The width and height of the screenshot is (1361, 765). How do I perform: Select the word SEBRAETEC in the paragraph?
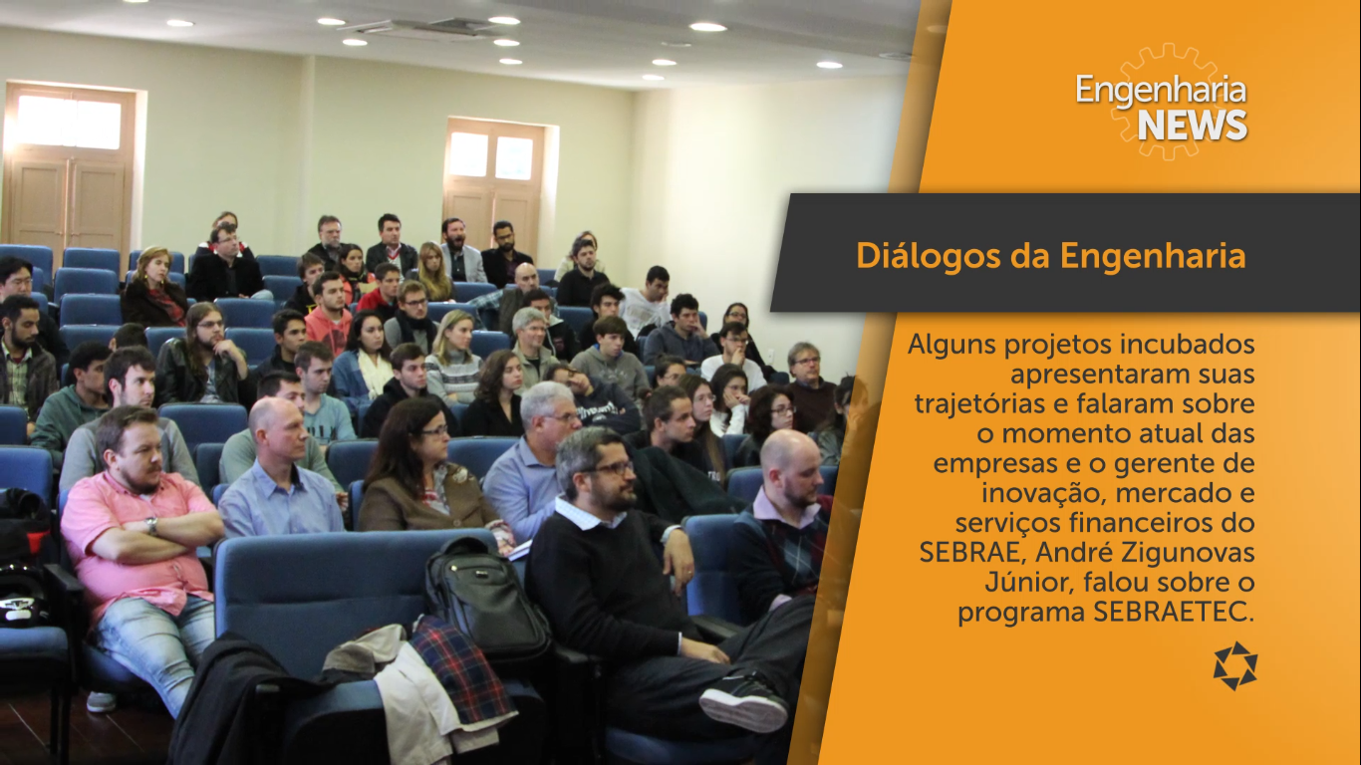tap(1174, 612)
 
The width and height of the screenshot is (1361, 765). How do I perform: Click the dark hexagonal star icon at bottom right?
tap(1235, 665)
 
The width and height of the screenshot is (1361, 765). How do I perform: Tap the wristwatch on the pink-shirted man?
tap(151, 525)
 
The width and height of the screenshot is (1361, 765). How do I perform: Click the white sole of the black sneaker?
tap(741, 710)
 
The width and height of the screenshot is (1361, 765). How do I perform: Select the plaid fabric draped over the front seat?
tap(461, 665)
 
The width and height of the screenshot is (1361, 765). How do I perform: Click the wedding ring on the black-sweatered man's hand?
tap(689, 572)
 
